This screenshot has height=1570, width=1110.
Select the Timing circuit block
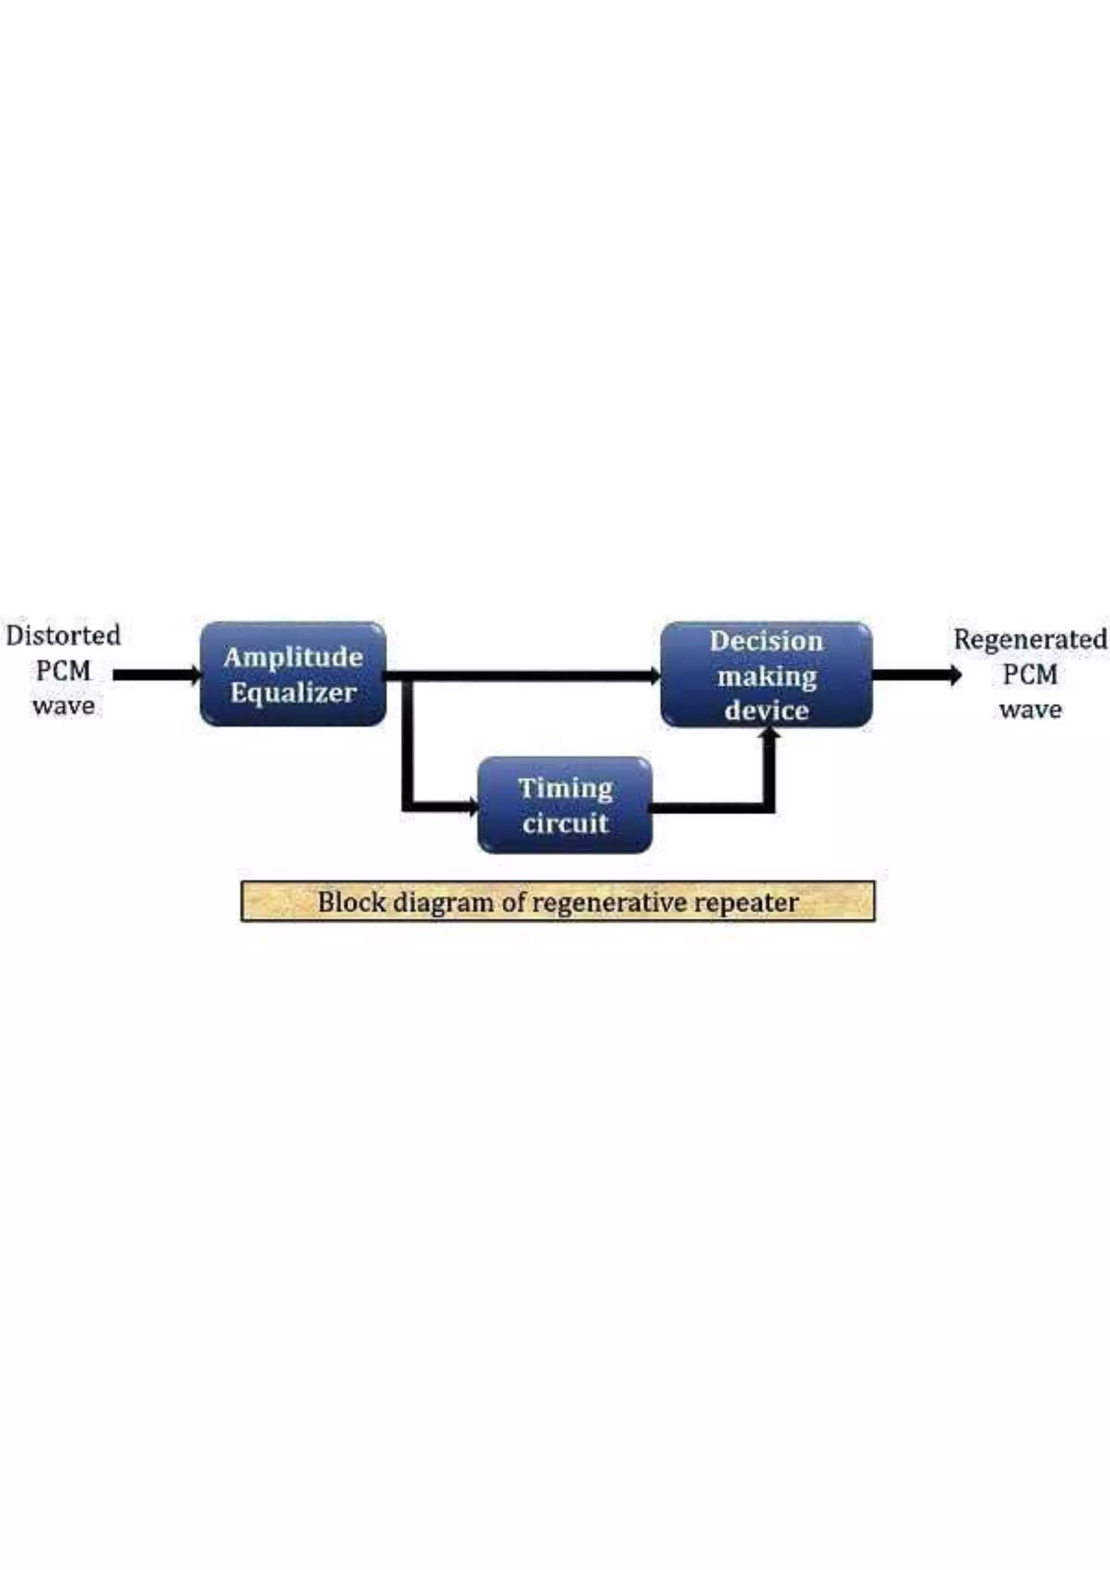564,805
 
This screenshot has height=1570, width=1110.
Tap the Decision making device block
766,674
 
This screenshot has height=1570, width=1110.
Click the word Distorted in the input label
63,635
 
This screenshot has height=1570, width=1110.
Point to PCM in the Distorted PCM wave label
63,671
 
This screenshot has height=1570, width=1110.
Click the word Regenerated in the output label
1030,639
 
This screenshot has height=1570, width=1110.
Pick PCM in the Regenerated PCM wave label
1030,675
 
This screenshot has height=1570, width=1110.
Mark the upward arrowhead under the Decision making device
770,735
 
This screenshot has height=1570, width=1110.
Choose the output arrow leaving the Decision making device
917,675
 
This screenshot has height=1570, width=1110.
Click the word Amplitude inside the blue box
293,658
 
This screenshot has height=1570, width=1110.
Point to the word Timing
565,788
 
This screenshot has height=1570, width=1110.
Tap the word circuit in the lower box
565,823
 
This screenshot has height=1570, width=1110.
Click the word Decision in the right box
766,641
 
